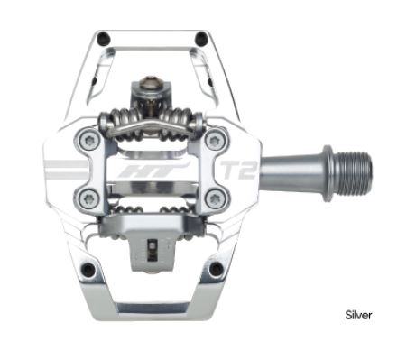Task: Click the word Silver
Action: pos(358,315)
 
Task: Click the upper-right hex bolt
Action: pos(215,140)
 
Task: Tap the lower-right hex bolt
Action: pos(215,198)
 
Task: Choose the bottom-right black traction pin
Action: pos(216,269)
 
